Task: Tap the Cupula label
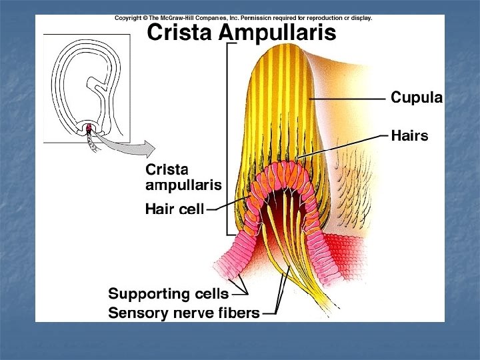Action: point(416,98)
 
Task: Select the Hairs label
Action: point(409,136)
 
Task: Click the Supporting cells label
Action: point(168,293)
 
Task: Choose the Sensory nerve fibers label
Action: point(183,312)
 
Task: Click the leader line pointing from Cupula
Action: point(347,99)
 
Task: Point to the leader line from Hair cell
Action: point(220,207)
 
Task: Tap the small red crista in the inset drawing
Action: point(88,127)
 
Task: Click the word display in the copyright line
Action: point(361,19)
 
